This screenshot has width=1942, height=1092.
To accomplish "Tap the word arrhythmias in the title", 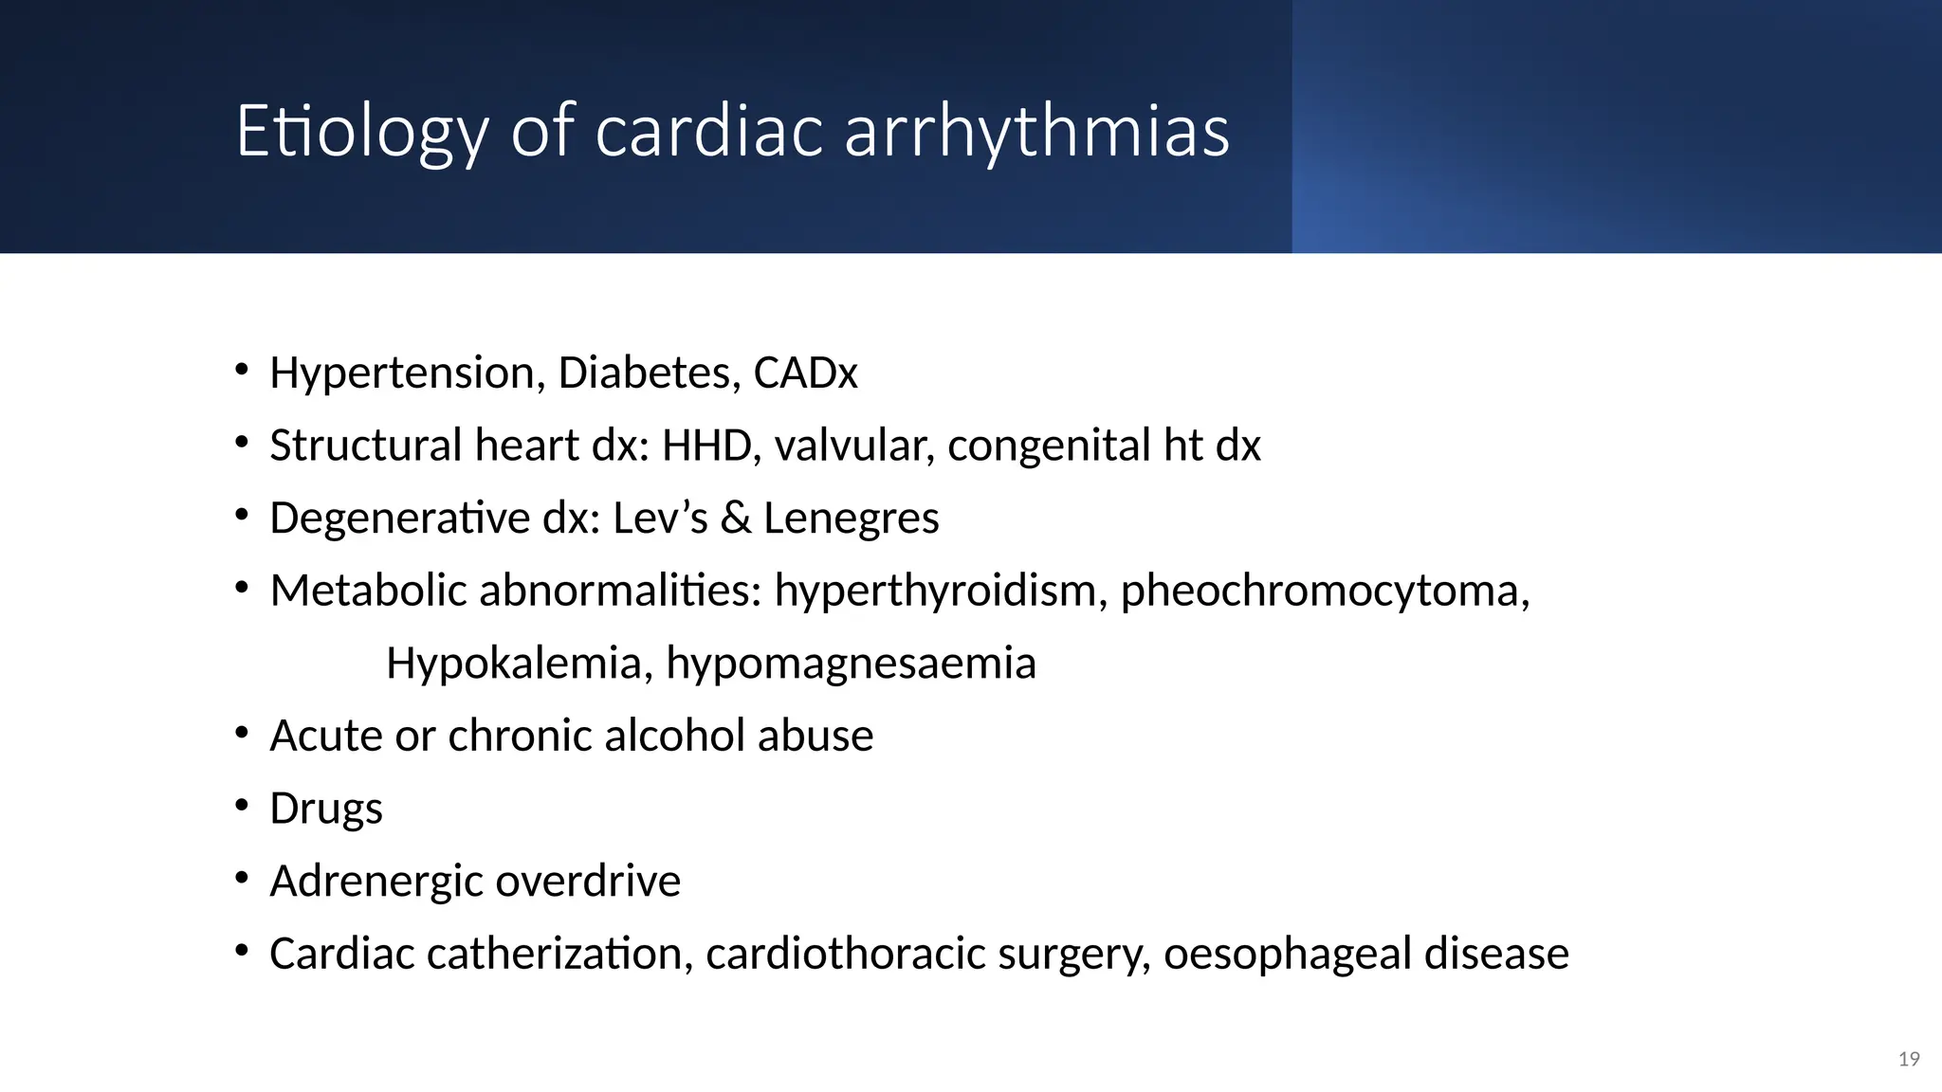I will [x=1036, y=132].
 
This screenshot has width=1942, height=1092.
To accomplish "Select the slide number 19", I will [x=1909, y=1059].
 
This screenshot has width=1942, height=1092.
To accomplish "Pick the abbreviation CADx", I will [x=805, y=373].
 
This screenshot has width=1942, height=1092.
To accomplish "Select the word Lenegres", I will [x=851, y=519].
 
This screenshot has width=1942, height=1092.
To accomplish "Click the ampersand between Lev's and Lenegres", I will [x=735, y=519].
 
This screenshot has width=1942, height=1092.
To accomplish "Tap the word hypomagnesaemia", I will [x=851, y=664].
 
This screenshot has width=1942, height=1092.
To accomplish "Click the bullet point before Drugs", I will [x=242, y=806].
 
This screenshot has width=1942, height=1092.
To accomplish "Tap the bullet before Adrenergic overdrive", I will [x=242, y=879].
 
